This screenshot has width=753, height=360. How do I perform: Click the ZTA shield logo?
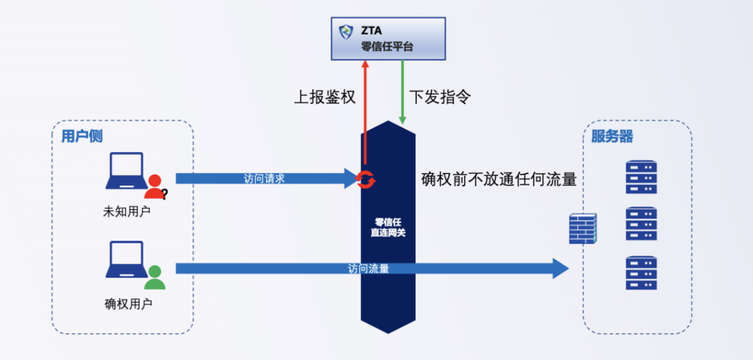coord(346,32)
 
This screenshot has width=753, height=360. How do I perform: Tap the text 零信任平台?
coord(387,47)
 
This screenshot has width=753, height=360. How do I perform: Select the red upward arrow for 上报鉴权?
coord(363,112)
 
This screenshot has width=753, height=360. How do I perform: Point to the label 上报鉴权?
coord(325,97)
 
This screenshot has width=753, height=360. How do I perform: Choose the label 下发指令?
coord(439,97)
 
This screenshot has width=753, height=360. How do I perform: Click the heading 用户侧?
coord(82,136)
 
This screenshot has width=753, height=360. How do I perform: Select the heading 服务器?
coord(612,137)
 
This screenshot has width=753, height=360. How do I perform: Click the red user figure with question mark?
coord(155,186)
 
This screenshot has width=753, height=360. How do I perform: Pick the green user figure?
coord(155,277)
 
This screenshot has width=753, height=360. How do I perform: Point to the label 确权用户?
coord(128,303)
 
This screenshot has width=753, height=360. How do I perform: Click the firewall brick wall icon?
coord(583,228)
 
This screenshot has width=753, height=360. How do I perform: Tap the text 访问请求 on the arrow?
coord(264,179)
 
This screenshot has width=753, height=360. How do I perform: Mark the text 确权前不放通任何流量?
coord(499,179)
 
